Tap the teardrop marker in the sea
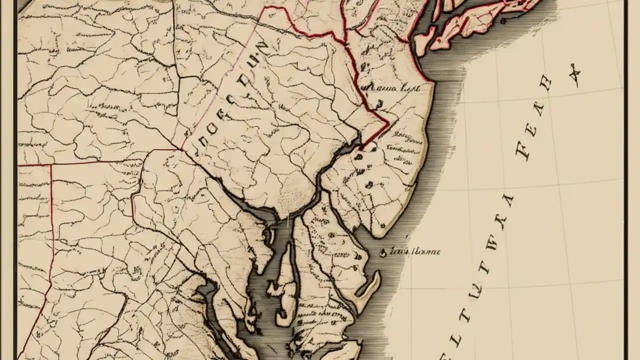coord(383,252)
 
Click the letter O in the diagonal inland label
coord(209,131)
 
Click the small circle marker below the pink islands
coord(503,21)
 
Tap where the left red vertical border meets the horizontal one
coord(51,164)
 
